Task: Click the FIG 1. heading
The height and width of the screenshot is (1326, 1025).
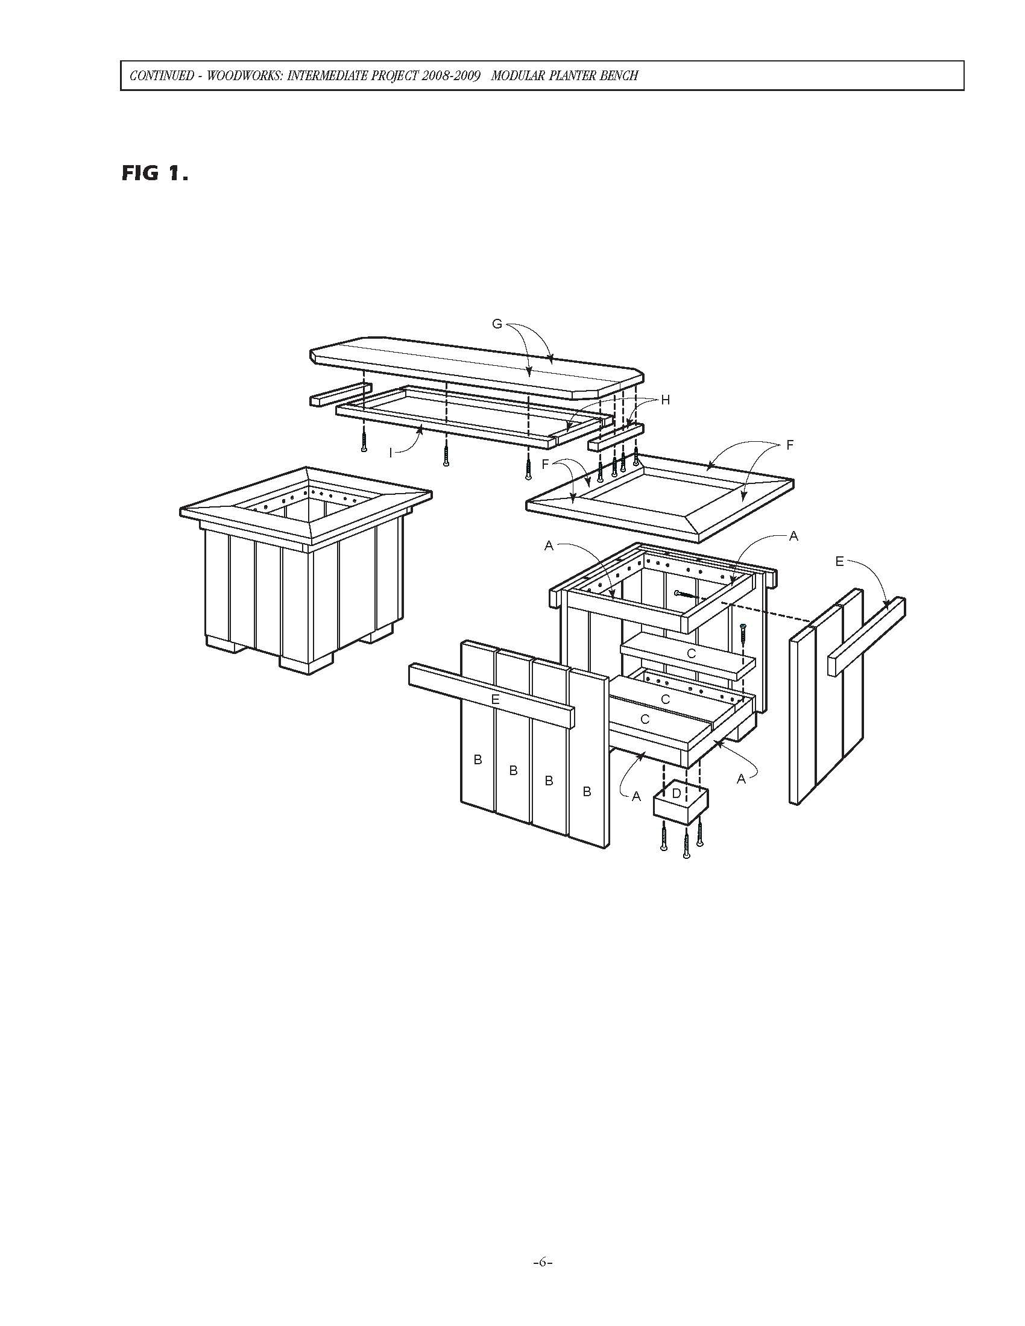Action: [x=155, y=174]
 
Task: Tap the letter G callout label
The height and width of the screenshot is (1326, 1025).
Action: [x=497, y=324]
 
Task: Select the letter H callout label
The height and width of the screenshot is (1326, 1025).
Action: [x=666, y=400]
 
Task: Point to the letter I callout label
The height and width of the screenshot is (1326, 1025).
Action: [x=391, y=453]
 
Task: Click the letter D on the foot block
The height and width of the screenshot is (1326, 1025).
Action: [x=676, y=794]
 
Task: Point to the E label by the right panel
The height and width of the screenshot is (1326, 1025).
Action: [x=839, y=562]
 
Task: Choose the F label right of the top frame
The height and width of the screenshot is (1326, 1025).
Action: [x=790, y=445]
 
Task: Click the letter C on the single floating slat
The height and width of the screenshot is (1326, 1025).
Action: [x=690, y=654]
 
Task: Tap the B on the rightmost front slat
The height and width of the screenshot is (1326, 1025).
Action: [x=587, y=792]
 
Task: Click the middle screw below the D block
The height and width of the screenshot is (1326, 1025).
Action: [x=686, y=846]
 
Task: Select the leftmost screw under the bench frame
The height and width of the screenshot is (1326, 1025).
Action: [x=363, y=438]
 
